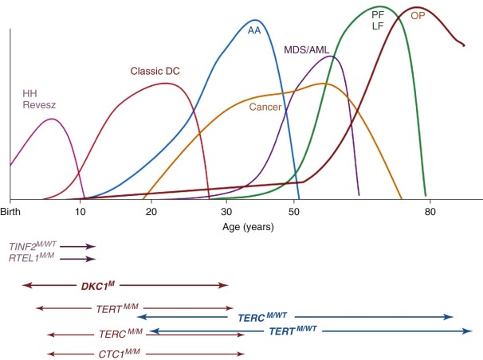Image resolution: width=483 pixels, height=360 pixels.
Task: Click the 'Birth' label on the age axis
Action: [10, 212]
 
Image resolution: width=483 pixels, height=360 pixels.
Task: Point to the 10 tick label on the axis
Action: [80, 212]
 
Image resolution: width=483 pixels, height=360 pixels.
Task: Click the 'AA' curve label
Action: [255, 30]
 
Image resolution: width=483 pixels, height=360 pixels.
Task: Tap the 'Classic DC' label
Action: [155, 72]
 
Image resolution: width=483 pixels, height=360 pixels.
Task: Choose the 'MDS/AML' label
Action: [306, 49]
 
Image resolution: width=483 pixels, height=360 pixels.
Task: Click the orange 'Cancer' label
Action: [265, 107]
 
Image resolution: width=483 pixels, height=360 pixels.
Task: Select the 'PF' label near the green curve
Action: [377, 14]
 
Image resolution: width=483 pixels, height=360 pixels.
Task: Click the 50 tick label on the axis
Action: [295, 212]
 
